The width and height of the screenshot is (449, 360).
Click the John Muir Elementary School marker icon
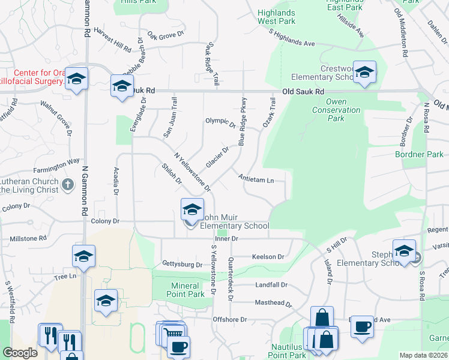(x=192, y=210)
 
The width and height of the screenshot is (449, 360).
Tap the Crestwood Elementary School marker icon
(x=364, y=73)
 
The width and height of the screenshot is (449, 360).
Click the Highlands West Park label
(x=276, y=17)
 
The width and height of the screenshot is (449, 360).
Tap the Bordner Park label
(x=419, y=155)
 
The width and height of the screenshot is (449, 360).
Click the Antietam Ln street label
(x=256, y=179)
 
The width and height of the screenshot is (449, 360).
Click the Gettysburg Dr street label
(x=182, y=264)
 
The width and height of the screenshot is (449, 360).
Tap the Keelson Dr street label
(x=268, y=257)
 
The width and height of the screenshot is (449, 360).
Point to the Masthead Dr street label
(x=273, y=304)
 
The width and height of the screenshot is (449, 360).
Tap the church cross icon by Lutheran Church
(x=68, y=184)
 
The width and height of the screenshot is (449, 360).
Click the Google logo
(x=20, y=353)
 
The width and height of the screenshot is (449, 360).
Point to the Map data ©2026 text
(x=423, y=355)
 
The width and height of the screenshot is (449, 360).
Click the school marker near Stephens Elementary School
(x=404, y=251)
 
